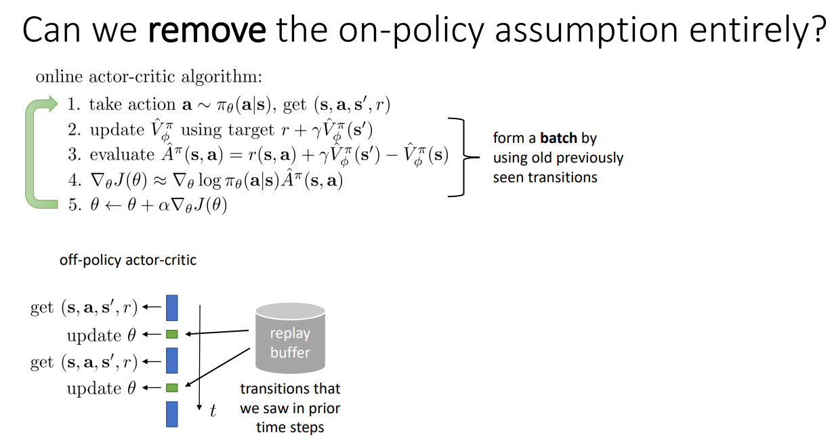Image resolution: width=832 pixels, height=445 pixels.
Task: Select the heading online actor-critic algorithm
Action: (148, 76)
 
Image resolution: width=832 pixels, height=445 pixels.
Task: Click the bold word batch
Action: (559, 138)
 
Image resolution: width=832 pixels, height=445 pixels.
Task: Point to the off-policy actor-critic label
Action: (128, 259)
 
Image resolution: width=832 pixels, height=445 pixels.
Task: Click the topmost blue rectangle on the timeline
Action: (172, 308)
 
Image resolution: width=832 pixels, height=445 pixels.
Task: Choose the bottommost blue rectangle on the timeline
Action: (172, 414)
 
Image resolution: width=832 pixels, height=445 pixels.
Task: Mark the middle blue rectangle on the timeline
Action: (172, 361)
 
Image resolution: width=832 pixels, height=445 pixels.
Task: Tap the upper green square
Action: (172, 334)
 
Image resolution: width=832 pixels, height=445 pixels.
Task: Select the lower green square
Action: (172, 387)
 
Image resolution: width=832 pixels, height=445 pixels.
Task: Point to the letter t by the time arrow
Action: (213, 411)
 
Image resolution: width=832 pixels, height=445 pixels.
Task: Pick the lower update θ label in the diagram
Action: (102, 389)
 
